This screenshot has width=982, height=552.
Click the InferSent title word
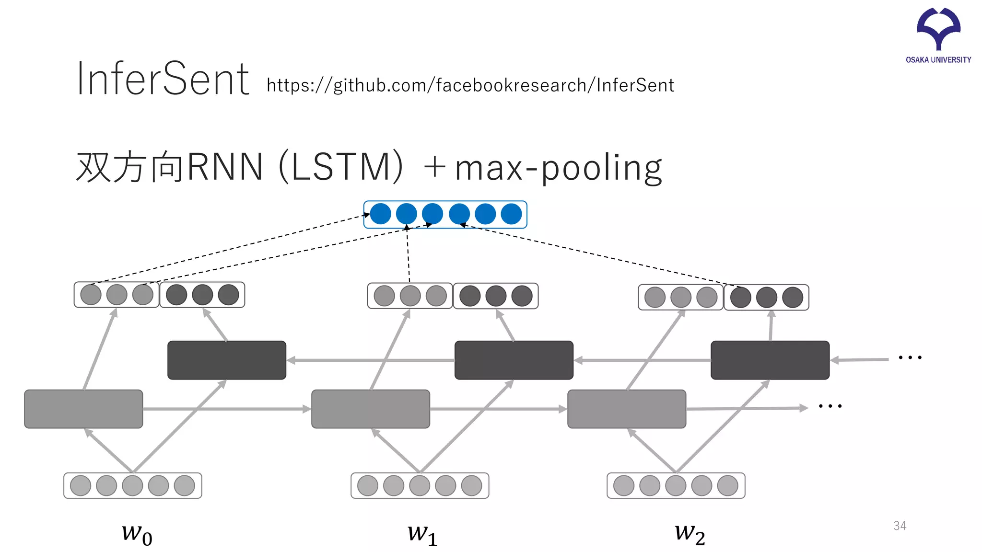click(x=163, y=79)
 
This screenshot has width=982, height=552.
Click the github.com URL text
click(x=470, y=85)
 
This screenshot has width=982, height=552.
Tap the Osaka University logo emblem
click(x=938, y=29)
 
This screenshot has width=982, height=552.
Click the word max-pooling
click(x=558, y=168)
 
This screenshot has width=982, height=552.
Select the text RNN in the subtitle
click(x=225, y=167)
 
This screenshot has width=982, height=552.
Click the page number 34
click(x=900, y=526)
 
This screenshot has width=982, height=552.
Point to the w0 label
click(x=137, y=533)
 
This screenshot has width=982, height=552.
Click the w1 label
click(x=422, y=533)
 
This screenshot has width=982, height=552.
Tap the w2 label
click(x=690, y=533)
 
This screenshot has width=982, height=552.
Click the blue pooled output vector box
click(x=445, y=214)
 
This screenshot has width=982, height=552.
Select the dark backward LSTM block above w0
click(x=227, y=360)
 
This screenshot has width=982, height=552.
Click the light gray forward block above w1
click(x=371, y=409)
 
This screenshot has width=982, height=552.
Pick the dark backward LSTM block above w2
click(x=770, y=360)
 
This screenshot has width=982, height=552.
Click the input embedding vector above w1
click(x=420, y=485)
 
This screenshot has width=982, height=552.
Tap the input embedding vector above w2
click(x=676, y=485)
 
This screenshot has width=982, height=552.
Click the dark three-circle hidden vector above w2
click(x=766, y=298)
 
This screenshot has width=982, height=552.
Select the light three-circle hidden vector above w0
click(x=117, y=295)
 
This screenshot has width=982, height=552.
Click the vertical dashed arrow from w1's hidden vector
click(x=408, y=254)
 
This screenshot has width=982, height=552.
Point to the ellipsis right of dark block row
click(x=910, y=357)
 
